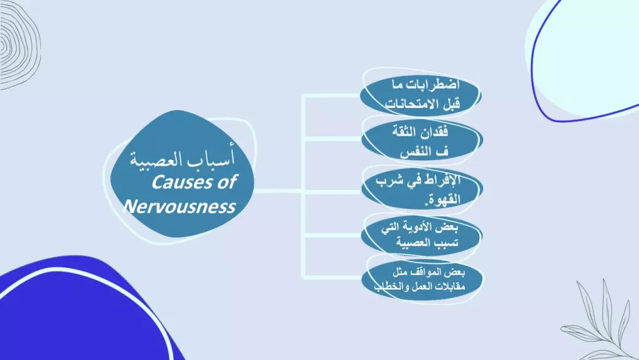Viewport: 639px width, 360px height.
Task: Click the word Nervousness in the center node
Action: coord(180,207)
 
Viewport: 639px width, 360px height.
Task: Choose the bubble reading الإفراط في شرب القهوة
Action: coord(421,189)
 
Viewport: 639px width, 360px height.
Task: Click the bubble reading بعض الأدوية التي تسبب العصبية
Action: coord(421,236)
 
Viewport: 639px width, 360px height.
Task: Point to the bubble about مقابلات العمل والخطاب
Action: coord(421,281)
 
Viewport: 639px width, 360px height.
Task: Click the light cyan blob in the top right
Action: coord(588,51)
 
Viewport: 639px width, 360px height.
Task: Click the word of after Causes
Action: coord(224,182)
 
